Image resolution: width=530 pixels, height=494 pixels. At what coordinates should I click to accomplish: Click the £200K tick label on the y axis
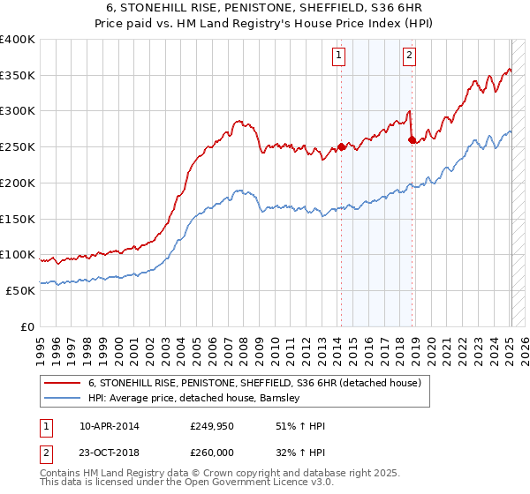[18, 183]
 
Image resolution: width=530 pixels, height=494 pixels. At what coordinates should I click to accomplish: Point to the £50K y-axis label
[20, 290]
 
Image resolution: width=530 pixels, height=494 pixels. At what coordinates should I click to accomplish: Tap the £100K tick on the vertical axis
[18, 254]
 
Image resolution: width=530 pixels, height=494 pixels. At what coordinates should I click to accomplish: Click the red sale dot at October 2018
[412, 139]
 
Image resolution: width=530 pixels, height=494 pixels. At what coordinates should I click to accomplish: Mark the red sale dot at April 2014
[341, 147]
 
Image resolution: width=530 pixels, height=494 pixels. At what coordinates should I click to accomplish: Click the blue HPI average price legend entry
[194, 399]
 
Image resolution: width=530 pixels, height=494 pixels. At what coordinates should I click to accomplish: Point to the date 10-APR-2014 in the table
[109, 426]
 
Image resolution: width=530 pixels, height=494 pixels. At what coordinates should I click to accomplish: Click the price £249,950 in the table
[211, 426]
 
